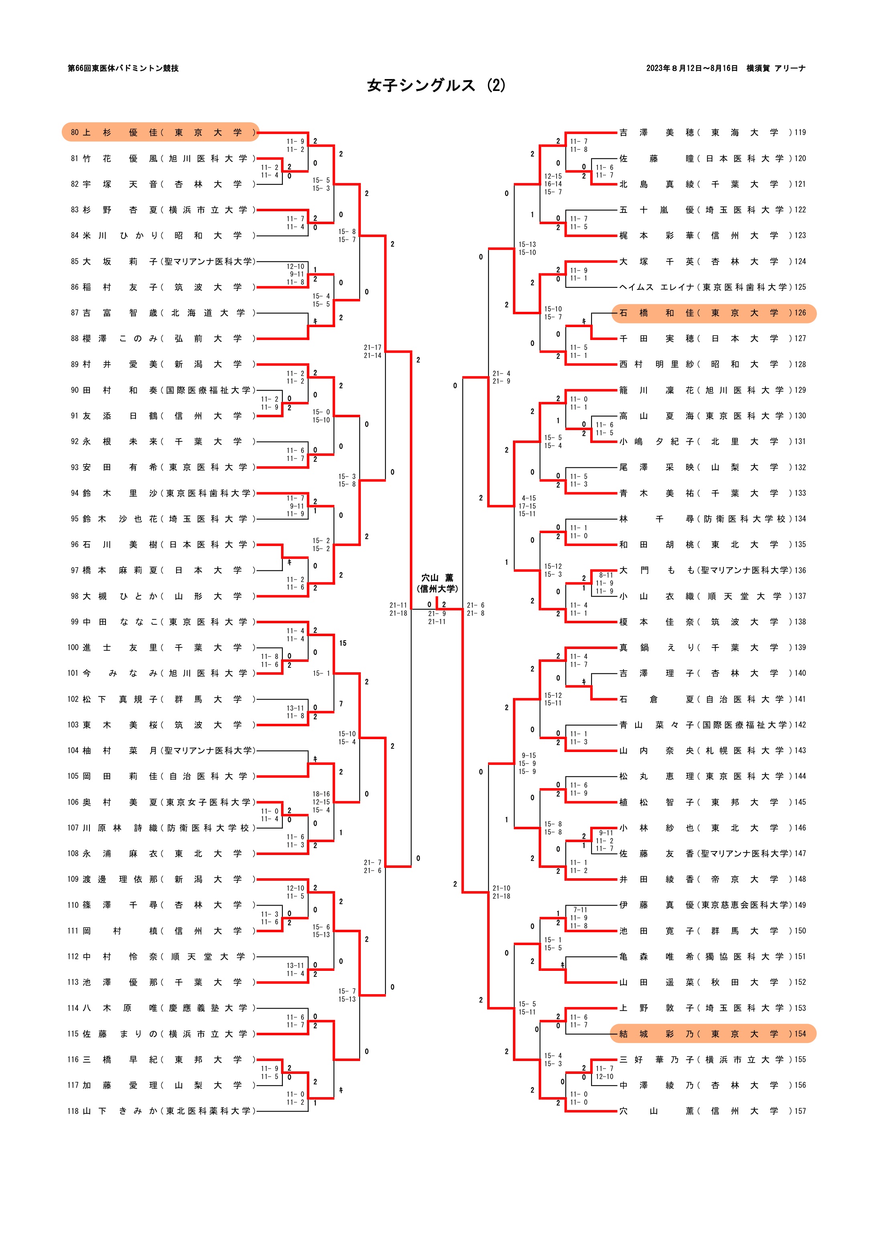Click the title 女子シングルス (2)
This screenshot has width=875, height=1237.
click(436, 85)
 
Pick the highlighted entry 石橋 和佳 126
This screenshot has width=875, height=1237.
click(713, 313)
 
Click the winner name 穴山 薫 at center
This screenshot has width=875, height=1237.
click(437, 578)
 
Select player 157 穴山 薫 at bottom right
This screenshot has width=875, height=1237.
click(712, 1111)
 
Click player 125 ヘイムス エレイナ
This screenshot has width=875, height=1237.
click(712, 287)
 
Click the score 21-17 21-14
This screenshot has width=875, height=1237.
click(373, 351)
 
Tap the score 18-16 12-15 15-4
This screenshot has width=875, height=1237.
click(321, 802)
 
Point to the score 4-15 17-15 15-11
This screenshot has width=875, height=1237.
click(528, 506)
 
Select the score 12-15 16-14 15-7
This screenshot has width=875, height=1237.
click(553, 184)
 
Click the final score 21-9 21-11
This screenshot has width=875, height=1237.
click(437, 617)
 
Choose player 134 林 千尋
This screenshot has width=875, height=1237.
click(712, 519)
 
